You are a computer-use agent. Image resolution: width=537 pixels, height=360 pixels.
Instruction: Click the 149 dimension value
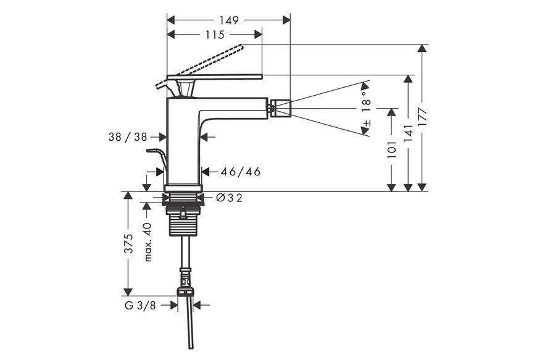click(229, 20)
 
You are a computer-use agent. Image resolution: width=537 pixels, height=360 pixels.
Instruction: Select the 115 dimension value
click(215, 35)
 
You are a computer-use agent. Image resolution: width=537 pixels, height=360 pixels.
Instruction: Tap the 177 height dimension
click(423, 118)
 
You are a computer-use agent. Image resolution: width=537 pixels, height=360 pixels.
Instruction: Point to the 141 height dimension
click(408, 133)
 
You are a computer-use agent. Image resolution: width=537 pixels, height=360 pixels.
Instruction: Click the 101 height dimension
click(391, 149)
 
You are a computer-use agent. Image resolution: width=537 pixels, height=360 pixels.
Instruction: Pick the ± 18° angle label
click(366, 109)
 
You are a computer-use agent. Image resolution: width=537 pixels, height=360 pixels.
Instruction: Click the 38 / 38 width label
click(127, 137)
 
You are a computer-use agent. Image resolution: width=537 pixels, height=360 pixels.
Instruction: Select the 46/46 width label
click(241, 171)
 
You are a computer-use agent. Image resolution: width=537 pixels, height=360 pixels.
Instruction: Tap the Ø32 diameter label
click(229, 198)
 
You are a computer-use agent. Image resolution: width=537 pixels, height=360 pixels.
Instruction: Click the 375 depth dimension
click(128, 243)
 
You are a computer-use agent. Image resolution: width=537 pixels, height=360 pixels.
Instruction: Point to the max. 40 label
click(148, 242)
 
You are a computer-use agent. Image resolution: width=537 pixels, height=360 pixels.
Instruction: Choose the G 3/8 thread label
click(140, 305)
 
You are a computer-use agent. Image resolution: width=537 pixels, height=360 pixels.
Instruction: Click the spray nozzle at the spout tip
click(280, 108)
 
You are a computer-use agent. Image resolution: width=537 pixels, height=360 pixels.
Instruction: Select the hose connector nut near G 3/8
click(185, 292)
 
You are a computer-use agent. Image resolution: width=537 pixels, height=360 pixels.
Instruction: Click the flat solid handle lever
click(214, 77)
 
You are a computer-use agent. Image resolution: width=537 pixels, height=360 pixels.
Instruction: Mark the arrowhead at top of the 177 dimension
click(423, 48)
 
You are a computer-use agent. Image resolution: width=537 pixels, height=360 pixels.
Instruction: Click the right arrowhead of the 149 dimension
click(286, 20)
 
